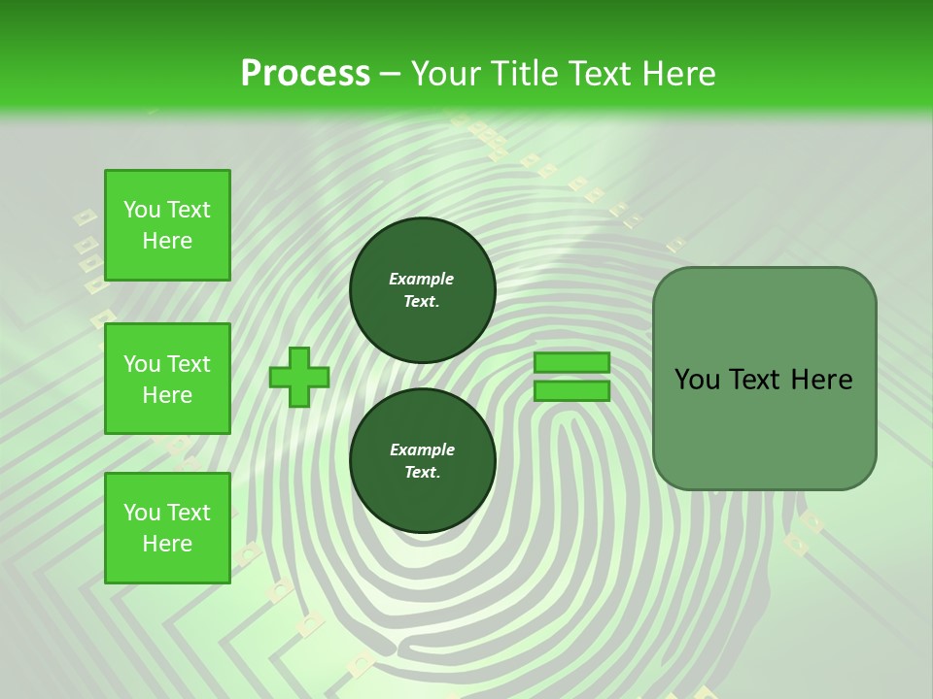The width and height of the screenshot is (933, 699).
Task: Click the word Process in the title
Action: [x=305, y=74]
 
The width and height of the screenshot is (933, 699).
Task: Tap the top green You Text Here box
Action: [x=167, y=225]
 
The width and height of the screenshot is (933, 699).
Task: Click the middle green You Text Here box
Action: [x=167, y=379]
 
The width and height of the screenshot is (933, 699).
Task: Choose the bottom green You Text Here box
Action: [x=167, y=528]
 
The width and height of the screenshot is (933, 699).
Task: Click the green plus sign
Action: [x=299, y=377]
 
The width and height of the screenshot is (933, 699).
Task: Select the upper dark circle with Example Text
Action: [x=422, y=290]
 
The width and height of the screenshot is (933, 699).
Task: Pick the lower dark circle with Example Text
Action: [x=422, y=461]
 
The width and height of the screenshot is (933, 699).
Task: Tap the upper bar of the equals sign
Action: [x=571, y=362]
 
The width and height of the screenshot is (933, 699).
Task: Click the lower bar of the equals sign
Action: [x=571, y=391]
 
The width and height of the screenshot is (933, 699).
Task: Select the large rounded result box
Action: [x=764, y=379]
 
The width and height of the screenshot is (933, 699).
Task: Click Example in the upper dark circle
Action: [x=421, y=280]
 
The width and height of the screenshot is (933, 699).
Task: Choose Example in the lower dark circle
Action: [x=421, y=450]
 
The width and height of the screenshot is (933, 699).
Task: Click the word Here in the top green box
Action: [x=167, y=241]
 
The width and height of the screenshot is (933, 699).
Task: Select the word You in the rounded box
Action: [x=697, y=380]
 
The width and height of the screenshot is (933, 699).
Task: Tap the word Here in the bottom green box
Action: [x=167, y=544]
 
